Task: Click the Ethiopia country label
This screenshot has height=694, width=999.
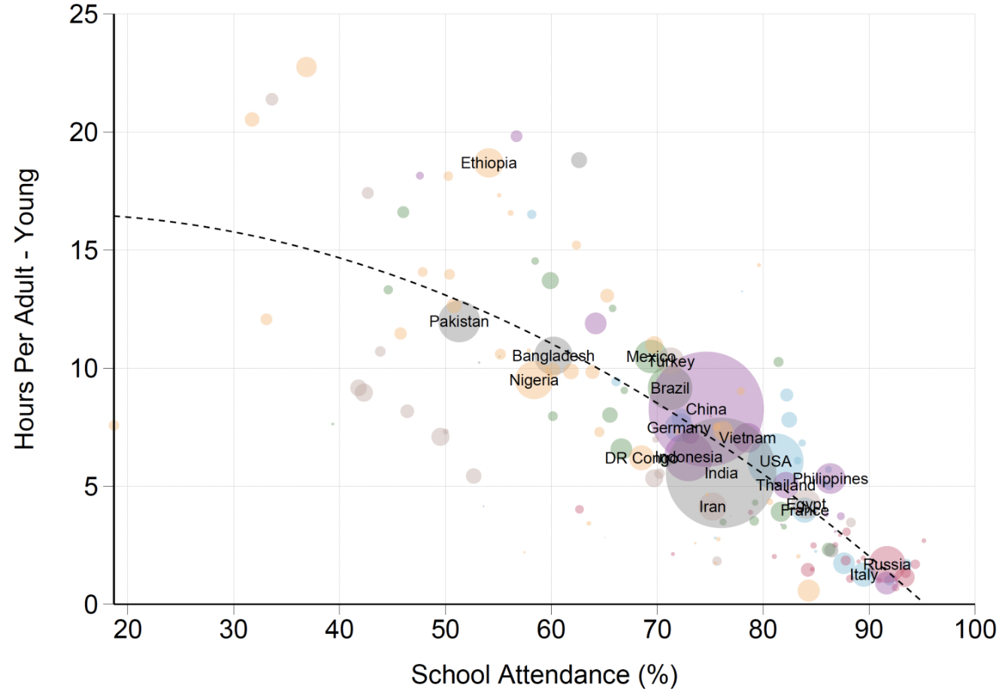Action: [489, 163]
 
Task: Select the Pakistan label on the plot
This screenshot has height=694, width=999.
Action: [459, 321]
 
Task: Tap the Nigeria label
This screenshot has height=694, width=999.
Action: [534, 380]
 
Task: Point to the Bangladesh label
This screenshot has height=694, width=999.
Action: [553, 356]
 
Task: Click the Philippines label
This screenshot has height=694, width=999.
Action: [831, 478]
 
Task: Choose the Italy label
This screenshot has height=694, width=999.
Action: [864, 575]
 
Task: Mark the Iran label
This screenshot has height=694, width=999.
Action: [713, 506]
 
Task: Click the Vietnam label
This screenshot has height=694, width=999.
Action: [747, 438]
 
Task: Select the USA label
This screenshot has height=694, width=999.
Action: [775, 461]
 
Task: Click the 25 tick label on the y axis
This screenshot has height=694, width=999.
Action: [83, 14]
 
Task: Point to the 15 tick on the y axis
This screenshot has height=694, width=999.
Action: [83, 250]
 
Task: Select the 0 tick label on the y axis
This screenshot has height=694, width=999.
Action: [91, 604]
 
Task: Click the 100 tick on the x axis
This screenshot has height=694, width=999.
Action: [974, 629]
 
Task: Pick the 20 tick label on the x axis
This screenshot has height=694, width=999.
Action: [128, 629]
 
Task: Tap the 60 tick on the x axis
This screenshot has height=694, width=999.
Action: [551, 629]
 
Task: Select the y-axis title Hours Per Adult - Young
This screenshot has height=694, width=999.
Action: [26, 309]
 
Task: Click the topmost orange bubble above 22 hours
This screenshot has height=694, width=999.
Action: [306, 67]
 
